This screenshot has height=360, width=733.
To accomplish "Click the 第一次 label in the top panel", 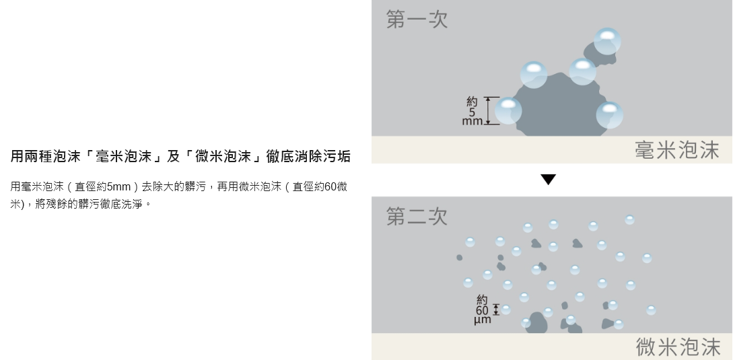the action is click(x=417, y=20).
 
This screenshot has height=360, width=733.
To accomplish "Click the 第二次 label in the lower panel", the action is click(x=417, y=217).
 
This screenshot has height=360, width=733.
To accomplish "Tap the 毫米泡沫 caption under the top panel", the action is click(x=676, y=150).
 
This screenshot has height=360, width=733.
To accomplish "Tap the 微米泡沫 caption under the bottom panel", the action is click(x=678, y=347).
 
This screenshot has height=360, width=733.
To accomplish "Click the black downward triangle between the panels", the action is click(x=549, y=180).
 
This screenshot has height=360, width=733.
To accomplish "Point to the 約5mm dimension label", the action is click(x=472, y=111).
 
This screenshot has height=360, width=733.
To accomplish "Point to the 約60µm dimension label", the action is click(x=482, y=310).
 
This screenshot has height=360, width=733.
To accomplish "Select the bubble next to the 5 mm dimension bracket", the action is click(x=508, y=110).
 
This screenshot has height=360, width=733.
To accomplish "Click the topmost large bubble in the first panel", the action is click(x=607, y=41).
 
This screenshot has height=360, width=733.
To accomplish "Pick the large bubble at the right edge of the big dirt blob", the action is click(x=609, y=114).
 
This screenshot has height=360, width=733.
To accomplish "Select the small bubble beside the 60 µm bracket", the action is click(x=505, y=310).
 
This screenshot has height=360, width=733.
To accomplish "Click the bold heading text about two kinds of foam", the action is click(x=180, y=157).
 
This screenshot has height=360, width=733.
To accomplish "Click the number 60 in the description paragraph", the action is click(x=330, y=186).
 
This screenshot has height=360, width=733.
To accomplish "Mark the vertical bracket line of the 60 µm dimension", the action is click(x=497, y=310).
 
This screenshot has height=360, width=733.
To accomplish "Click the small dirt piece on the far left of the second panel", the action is click(x=459, y=258).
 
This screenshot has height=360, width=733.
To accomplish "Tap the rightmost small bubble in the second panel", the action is click(x=651, y=310).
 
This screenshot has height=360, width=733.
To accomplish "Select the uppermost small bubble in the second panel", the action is click(x=629, y=220).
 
